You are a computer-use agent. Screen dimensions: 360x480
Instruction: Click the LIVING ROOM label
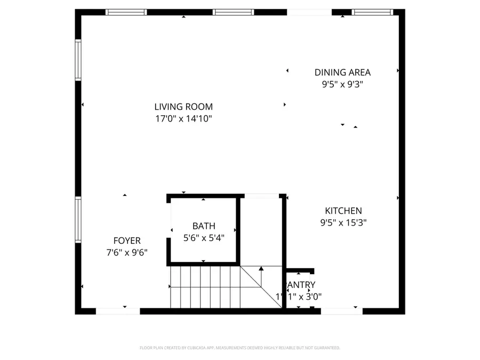tap(183, 107)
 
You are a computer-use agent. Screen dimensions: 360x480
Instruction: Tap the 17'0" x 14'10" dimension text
tap(183, 119)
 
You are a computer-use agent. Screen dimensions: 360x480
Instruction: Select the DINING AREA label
tap(342, 73)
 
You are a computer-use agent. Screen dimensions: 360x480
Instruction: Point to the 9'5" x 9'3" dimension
tap(342, 84)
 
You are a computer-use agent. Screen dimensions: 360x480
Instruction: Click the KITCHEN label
tap(343, 211)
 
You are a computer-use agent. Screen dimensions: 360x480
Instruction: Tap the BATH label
tap(204, 227)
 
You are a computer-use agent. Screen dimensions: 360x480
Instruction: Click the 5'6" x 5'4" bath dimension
tap(204, 238)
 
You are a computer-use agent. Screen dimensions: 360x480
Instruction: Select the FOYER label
tap(127, 241)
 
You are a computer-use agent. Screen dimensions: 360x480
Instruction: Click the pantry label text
tap(302, 285)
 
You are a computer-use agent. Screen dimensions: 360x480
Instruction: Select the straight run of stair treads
tap(205, 287)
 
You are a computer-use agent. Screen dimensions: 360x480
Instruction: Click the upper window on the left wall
tap(78, 61)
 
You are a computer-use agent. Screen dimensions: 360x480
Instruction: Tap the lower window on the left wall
tap(78, 220)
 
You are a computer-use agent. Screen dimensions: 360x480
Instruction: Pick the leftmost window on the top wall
tap(126, 12)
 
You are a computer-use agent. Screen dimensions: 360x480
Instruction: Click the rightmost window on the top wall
tap(372, 12)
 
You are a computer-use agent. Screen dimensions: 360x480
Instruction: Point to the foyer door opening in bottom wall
tap(118, 310)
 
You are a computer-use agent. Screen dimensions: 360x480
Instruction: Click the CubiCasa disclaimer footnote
tap(240, 348)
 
